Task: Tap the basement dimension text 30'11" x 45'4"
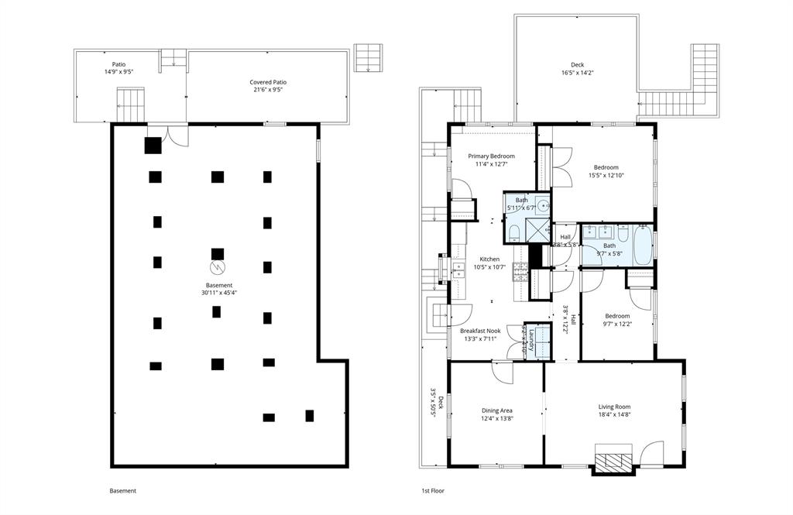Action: pyautogui.click(x=219, y=292)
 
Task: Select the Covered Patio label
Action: pyautogui.click(x=268, y=82)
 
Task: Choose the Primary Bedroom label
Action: pyautogui.click(x=491, y=156)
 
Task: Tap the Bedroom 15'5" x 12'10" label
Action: pyautogui.click(x=606, y=167)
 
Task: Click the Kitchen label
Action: pyautogui.click(x=489, y=259)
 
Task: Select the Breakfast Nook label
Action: pyautogui.click(x=480, y=331)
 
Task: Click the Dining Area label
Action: pyautogui.click(x=496, y=410)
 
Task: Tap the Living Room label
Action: pyautogui.click(x=614, y=407)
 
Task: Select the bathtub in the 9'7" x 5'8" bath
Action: pyautogui.click(x=642, y=244)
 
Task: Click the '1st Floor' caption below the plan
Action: pyautogui.click(x=432, y=491)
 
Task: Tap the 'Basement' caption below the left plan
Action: pyautogui.click(x=122, y=491)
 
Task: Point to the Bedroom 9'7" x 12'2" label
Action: pyautogui.click(x=617, y=316)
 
